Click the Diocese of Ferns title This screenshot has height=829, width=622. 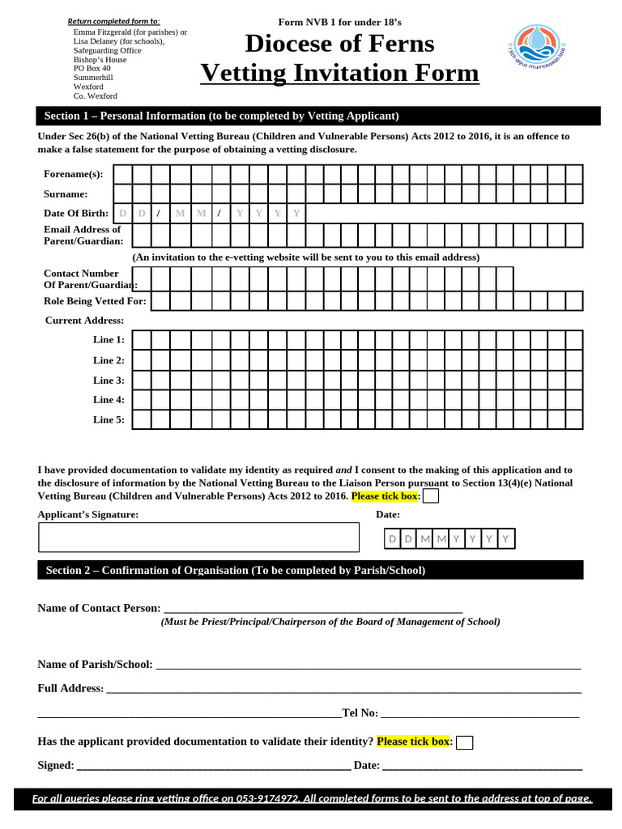339,43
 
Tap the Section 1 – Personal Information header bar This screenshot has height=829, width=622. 318,116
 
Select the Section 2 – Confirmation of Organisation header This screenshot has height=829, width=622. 310,570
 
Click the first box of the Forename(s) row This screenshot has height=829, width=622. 122,174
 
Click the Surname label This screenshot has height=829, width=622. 66,194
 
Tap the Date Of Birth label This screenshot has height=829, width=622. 76,213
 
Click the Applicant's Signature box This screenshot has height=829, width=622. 198,537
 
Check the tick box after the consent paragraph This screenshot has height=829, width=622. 431,496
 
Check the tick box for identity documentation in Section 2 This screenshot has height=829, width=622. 464,742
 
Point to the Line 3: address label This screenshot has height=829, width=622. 109,380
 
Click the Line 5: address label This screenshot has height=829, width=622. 109,419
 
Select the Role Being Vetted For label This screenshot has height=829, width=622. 95,301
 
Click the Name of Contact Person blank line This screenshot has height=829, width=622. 313,609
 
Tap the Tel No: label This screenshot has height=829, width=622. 360,713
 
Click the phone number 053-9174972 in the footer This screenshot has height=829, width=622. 267,799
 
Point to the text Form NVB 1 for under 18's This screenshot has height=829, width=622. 339,22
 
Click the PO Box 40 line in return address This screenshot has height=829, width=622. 92,69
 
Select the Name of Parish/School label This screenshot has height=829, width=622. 95,665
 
